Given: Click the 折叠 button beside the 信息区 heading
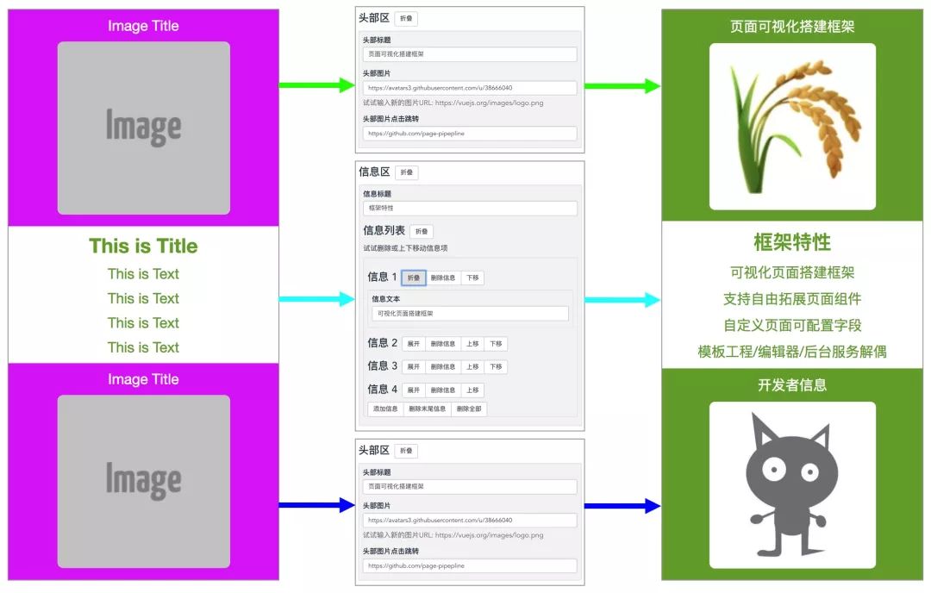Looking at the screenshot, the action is click(x=406, y=172).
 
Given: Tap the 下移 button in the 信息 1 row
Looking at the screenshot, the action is click(x=472, y=278).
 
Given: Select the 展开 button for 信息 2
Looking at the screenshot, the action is click(x=414, y=344).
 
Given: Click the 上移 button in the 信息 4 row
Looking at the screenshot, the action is click(x=472, y=390).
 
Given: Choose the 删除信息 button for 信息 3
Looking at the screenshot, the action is click(x=443, y=367).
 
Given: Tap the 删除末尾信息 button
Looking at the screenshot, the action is click(x=427, y=409).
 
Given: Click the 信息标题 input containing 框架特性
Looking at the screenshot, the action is click(x=470, y=209).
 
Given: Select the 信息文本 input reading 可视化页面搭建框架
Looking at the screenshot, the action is click(x=470, y=314).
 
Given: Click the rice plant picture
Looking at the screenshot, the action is click(x=791, y=127).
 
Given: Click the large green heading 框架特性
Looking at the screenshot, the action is click(x=791, y=242).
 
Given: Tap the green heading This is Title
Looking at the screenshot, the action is click(x=143, y=247).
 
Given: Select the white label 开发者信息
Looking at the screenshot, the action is click(x=791, y=385).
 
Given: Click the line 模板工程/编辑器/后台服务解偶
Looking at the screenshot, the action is click(x=791, y=352).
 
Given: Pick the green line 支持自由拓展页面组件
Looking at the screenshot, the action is click(x=791, y=299).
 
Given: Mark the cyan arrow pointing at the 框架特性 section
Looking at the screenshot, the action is click(x=622, y=300).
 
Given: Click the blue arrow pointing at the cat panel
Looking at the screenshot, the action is click(x=622, y=506).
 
